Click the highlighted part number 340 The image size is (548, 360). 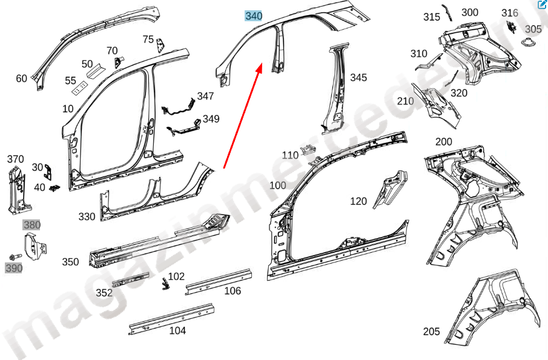pyautogui.click(x=254, y=16)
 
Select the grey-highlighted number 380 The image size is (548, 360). pyautogui.click(x=32, y=225)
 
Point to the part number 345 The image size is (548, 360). pyautogui.click(x=358, y=78)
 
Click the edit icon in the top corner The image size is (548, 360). pyautogui.click(x=542, y=5)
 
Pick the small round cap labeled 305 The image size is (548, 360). pyautogui.click(x=527, y=42)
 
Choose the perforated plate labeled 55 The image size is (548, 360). pyautogui.click(x=79, y=88)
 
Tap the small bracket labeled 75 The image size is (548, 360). pyautogui.click(x=160, y=45)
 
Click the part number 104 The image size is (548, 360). pyautogui.click(x=177, y=331)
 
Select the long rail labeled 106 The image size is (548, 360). pyautogui.click(x=219, y=282)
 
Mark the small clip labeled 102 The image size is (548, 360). pyautogui.click(x=165, y=284)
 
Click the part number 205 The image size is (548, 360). pyautogui.click(x=431, y=332)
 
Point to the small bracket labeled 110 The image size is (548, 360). pyautogui.click(x=309, y=148)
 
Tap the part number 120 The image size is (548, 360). pyautogui.click(x=358, y=201)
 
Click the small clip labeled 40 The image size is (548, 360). pyautogui.click(x=54, y=188)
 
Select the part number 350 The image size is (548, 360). pyautogui.click(x=70, y=262)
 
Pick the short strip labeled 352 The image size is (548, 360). pyautogui.click(x=130, y=279)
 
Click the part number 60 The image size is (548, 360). pyautogui.click(x=21, y=78)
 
